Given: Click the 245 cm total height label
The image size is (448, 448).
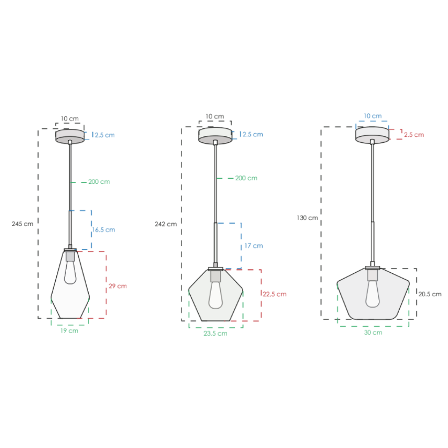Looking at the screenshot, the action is (22, 224).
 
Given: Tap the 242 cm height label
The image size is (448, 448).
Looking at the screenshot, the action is (166, 224).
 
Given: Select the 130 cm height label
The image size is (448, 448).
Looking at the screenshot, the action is (308, 218).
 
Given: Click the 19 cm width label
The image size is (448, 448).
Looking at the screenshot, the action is (69, 331).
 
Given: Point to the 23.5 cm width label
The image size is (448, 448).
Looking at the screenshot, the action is (216, 334).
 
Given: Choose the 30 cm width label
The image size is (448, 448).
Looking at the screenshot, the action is (373, 333).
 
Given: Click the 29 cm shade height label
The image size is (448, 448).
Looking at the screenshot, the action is (117, 286).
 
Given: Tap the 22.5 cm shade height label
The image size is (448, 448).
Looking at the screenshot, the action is (275, 294).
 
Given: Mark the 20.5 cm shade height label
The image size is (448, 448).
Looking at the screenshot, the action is (430, 294).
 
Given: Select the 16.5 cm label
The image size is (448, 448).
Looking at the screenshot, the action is (104, 229).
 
